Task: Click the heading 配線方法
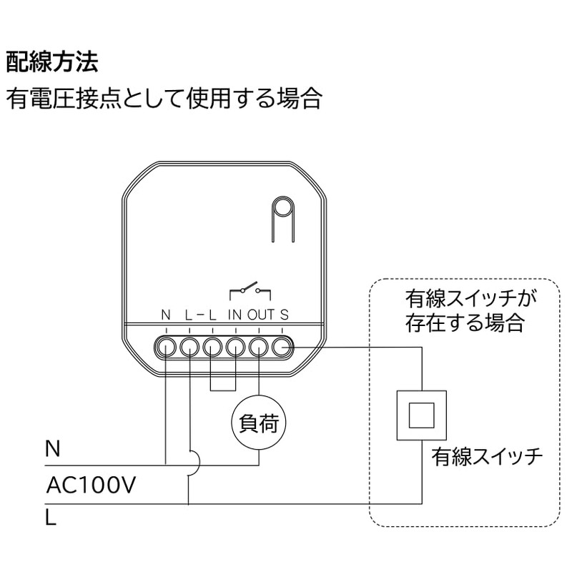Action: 51,62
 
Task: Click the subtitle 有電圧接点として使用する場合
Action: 164,98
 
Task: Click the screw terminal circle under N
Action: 166,347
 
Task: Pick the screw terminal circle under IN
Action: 235,347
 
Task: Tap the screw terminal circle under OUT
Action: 259,347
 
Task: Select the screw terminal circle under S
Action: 282,347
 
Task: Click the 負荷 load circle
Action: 259,423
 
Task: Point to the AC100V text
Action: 91,485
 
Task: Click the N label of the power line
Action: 52,450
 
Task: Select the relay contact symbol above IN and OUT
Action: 250,290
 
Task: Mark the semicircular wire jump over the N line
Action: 193,465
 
